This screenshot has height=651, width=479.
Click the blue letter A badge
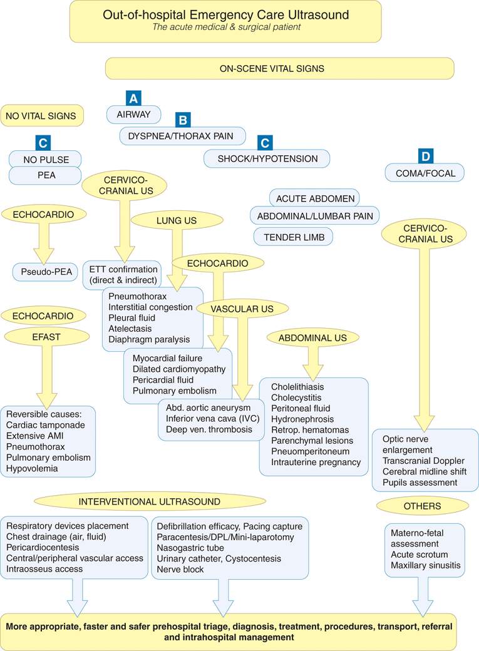tap(133, 98)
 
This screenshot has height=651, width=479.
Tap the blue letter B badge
tap(182, 120)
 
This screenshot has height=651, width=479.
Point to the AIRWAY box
tap(133, 115)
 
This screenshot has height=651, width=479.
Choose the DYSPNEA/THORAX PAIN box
tap(182, 136)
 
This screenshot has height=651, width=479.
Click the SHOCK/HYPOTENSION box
tap(267, 159)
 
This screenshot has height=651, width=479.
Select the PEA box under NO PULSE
tap(45, 175)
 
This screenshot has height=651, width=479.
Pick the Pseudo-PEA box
tap(44, 272)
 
